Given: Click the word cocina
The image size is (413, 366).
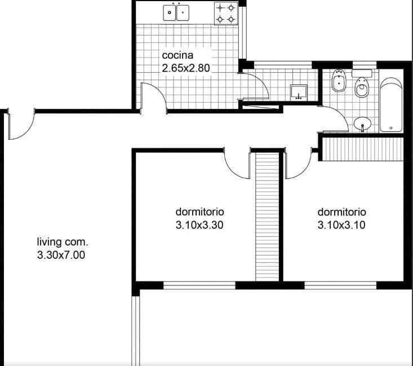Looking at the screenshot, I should click(x=178, y=55).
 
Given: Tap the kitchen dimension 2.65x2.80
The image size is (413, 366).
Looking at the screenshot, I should click(x=186, y=68).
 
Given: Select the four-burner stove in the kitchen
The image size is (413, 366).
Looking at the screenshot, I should click(x=226, y=14).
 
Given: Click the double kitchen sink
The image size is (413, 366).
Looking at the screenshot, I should click(x=176, y=12).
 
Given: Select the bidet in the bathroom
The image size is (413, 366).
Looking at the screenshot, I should click(x=339, y=81).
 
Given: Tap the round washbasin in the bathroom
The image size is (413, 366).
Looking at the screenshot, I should click(x=362, y=124).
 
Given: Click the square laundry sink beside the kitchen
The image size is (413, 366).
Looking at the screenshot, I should click(x=299, y=92).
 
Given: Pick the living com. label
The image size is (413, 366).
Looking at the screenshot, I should click(x=62, y=242).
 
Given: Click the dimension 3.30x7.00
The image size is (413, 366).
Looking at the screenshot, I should click(x=61, y=255).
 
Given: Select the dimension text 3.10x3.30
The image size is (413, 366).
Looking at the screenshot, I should click(x=201, y=225).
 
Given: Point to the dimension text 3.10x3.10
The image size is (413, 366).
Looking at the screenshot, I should click(x=342, y=225).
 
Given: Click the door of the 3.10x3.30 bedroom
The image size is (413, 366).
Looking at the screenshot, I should click(x=237, y=164).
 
